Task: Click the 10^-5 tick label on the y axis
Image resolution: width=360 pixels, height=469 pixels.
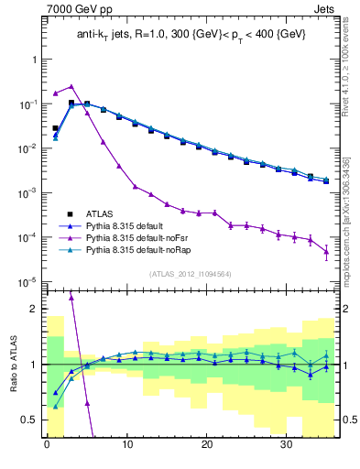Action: click(x=27, y=282)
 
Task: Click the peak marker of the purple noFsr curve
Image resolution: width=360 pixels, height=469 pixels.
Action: click(x=71, y=85)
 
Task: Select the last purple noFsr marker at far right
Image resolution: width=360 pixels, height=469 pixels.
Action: click(x=326, y=253)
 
